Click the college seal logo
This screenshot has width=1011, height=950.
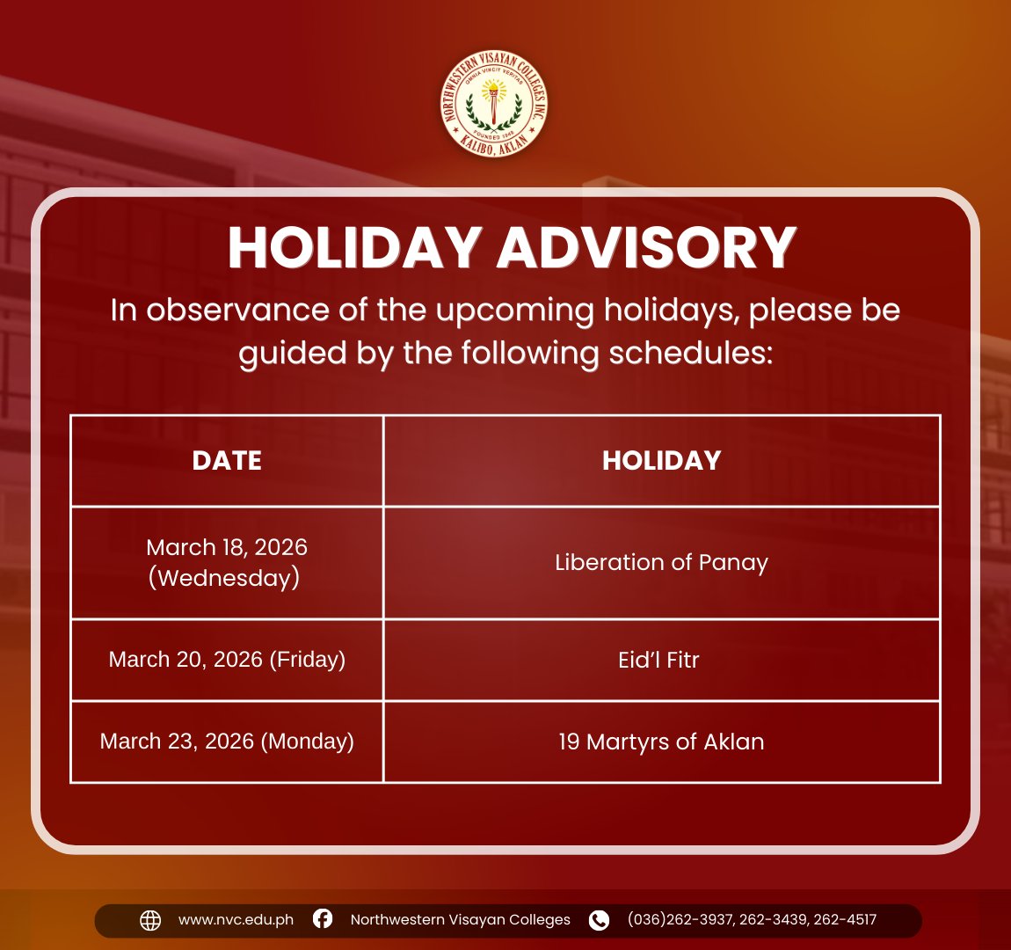494,103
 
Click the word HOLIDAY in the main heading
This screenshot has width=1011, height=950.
355,248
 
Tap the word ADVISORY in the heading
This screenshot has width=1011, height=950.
647,248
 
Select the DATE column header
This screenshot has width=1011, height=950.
227,461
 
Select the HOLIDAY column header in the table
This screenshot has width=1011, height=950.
661,461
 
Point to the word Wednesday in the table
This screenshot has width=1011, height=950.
223,577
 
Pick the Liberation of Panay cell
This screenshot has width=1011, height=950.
661,562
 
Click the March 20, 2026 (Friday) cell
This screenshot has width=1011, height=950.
227,659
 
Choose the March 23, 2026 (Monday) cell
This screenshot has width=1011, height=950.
227,741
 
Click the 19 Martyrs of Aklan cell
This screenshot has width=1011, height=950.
661,742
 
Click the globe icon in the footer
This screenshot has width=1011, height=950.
150,920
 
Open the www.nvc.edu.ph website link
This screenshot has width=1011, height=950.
236,920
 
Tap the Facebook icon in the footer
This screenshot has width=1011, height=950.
323,918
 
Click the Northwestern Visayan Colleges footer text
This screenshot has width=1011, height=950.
461,920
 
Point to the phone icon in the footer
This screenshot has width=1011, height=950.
599,920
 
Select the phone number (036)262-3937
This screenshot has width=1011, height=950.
680,920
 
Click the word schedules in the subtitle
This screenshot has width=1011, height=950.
690,353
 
